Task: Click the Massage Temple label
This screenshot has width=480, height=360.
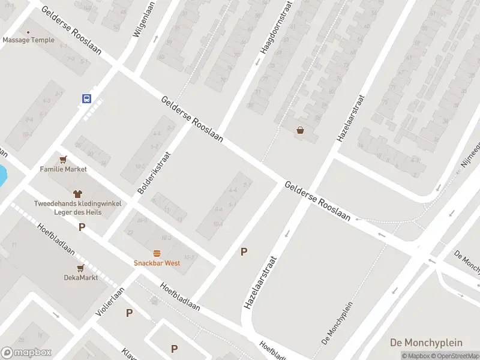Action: pos(28,40)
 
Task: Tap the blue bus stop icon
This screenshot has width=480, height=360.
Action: pos(87,98)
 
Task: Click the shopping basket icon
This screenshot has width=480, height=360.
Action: pos(300,130)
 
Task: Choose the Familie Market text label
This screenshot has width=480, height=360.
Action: pos(64,169)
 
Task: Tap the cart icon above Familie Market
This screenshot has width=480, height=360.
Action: pos(64,159)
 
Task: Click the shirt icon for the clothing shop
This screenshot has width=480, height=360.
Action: pos(77,193)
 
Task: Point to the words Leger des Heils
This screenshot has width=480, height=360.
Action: pos(77,212)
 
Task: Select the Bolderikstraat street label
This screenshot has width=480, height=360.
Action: pos(154,172)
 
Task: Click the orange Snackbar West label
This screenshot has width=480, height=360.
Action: pos(156,263)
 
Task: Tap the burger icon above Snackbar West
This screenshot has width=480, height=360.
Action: pos(157,253)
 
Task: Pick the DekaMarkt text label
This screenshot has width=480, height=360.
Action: pos(80,277)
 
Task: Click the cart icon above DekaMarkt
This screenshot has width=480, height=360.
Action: pos(80,267)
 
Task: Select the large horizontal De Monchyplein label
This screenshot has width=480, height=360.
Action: pos(426,343)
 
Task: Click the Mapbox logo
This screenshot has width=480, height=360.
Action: pos(26,353)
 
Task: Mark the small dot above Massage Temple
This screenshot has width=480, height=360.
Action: pos(28,31)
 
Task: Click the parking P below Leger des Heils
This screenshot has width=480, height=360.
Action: pos(82,227)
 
